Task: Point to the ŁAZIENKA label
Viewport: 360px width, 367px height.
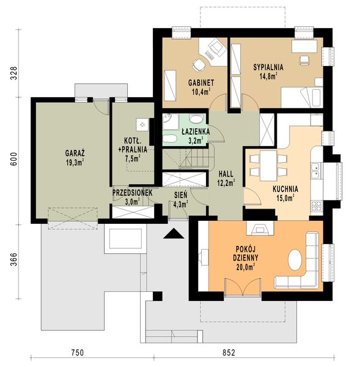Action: [x=196, y=132]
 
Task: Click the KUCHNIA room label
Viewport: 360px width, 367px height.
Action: [x=285, y=189]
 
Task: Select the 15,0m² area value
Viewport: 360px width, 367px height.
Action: [x=285, y=198]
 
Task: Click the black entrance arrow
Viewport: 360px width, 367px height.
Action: [x=174, y=233]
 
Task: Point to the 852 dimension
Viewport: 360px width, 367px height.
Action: [x=227, y=353]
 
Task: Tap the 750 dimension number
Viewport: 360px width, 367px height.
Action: [x=76, y=353]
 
